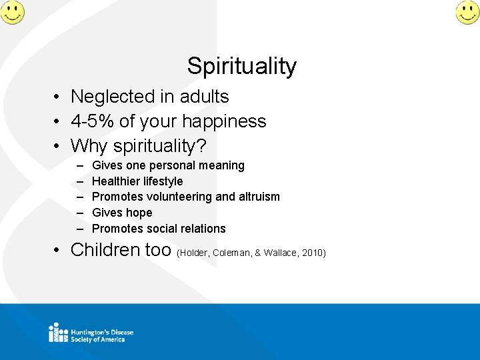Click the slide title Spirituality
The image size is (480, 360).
[x=241, y=66]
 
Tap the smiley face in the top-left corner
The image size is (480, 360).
[x=12, y=12]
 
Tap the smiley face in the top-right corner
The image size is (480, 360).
[x=467, y=12]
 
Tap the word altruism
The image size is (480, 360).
[x=259, y=197]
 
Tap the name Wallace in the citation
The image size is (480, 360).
[x=281, y=253]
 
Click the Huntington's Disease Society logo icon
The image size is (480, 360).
[x=58, y=332]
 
